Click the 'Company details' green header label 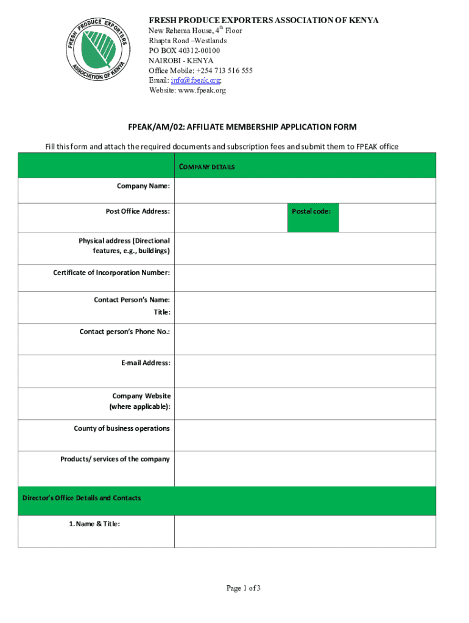(207, 167)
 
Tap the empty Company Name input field (305, 190)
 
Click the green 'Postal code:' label (312, 212)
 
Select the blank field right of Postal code (387, 217)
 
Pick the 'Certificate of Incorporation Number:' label (111, 273)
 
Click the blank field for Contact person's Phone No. (305, 338)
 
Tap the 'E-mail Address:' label (146, 363)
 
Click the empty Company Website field (305, 403)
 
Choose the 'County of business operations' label (122, 428)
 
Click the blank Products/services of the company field (305, 468)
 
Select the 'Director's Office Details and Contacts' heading (82, 498)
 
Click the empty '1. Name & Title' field (305, 531)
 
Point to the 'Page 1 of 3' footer (244, 588)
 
